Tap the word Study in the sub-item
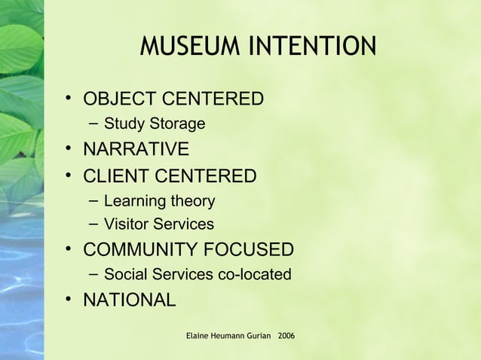point(123,124)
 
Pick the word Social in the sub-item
point(124,274)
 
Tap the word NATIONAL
point(129,299)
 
